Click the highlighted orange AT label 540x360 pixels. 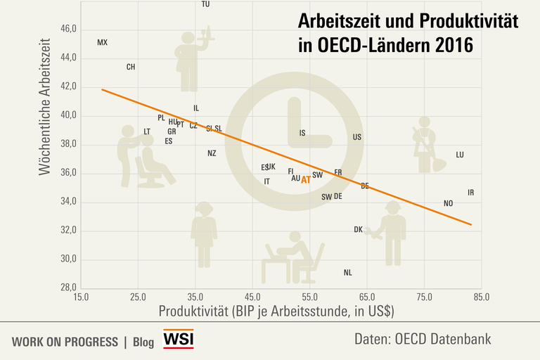(x=306, y=179)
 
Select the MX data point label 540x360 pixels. (x=103, y=43)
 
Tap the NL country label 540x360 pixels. (x=348, y=273)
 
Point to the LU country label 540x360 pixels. (x=460, y=155)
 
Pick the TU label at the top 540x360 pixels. (x=205, y=4)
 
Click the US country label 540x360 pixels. (x=357, y=137)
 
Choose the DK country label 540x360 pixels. (x=359, y=229)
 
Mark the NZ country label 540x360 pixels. (x=212, y=153)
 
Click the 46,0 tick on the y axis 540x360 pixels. (x=68, y=29)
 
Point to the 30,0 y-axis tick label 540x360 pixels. (x=68, y=259)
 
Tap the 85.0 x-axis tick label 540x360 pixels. (x=482, y=297)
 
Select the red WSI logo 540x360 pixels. (x=179, y=340)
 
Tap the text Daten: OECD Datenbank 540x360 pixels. (x=423, y=340)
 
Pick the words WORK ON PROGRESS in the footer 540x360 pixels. (x=65, y=342)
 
